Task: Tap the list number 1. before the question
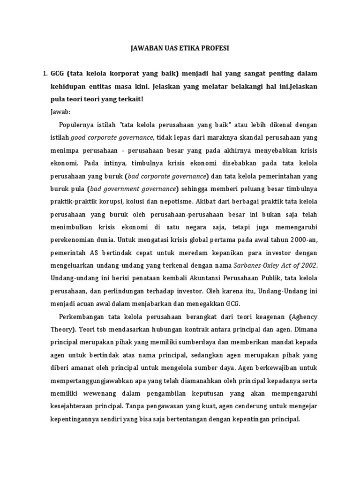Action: pyautogui.click(x=45, y=74)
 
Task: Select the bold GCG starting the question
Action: pyautogui.click(x=57, y=74)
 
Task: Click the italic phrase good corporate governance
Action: pyautogui.click(x=112, y=138)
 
